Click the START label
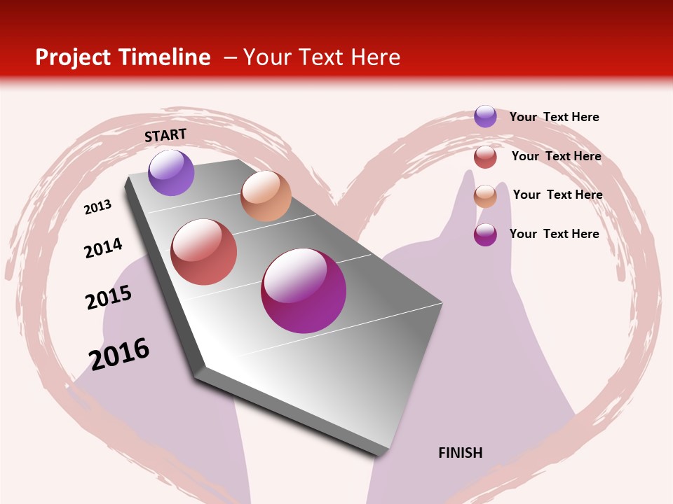coord(165,135)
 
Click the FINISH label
coord(461,453)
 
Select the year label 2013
coord(97,207)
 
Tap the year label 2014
coord(103,248)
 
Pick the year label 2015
coord(109,297)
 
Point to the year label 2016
coord(119,353)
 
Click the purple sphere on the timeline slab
coord(171,172)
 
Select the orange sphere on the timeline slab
coord(266,196)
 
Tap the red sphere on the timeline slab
coord(204,252)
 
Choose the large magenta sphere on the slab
coord(304,290)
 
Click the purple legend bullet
coord(485,116)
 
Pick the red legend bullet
coord(485,157)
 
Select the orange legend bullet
coord(485,195)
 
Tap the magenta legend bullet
coord(485,234)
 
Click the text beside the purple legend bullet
coord(554,117)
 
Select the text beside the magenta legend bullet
coord(554,234)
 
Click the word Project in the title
coord(74,57)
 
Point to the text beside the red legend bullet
coord(556,156)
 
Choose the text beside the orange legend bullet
coord(557,195)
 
